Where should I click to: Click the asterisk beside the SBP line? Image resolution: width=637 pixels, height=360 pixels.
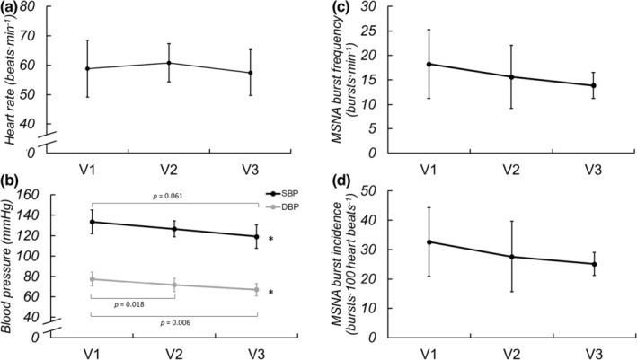tap(271, 240)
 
